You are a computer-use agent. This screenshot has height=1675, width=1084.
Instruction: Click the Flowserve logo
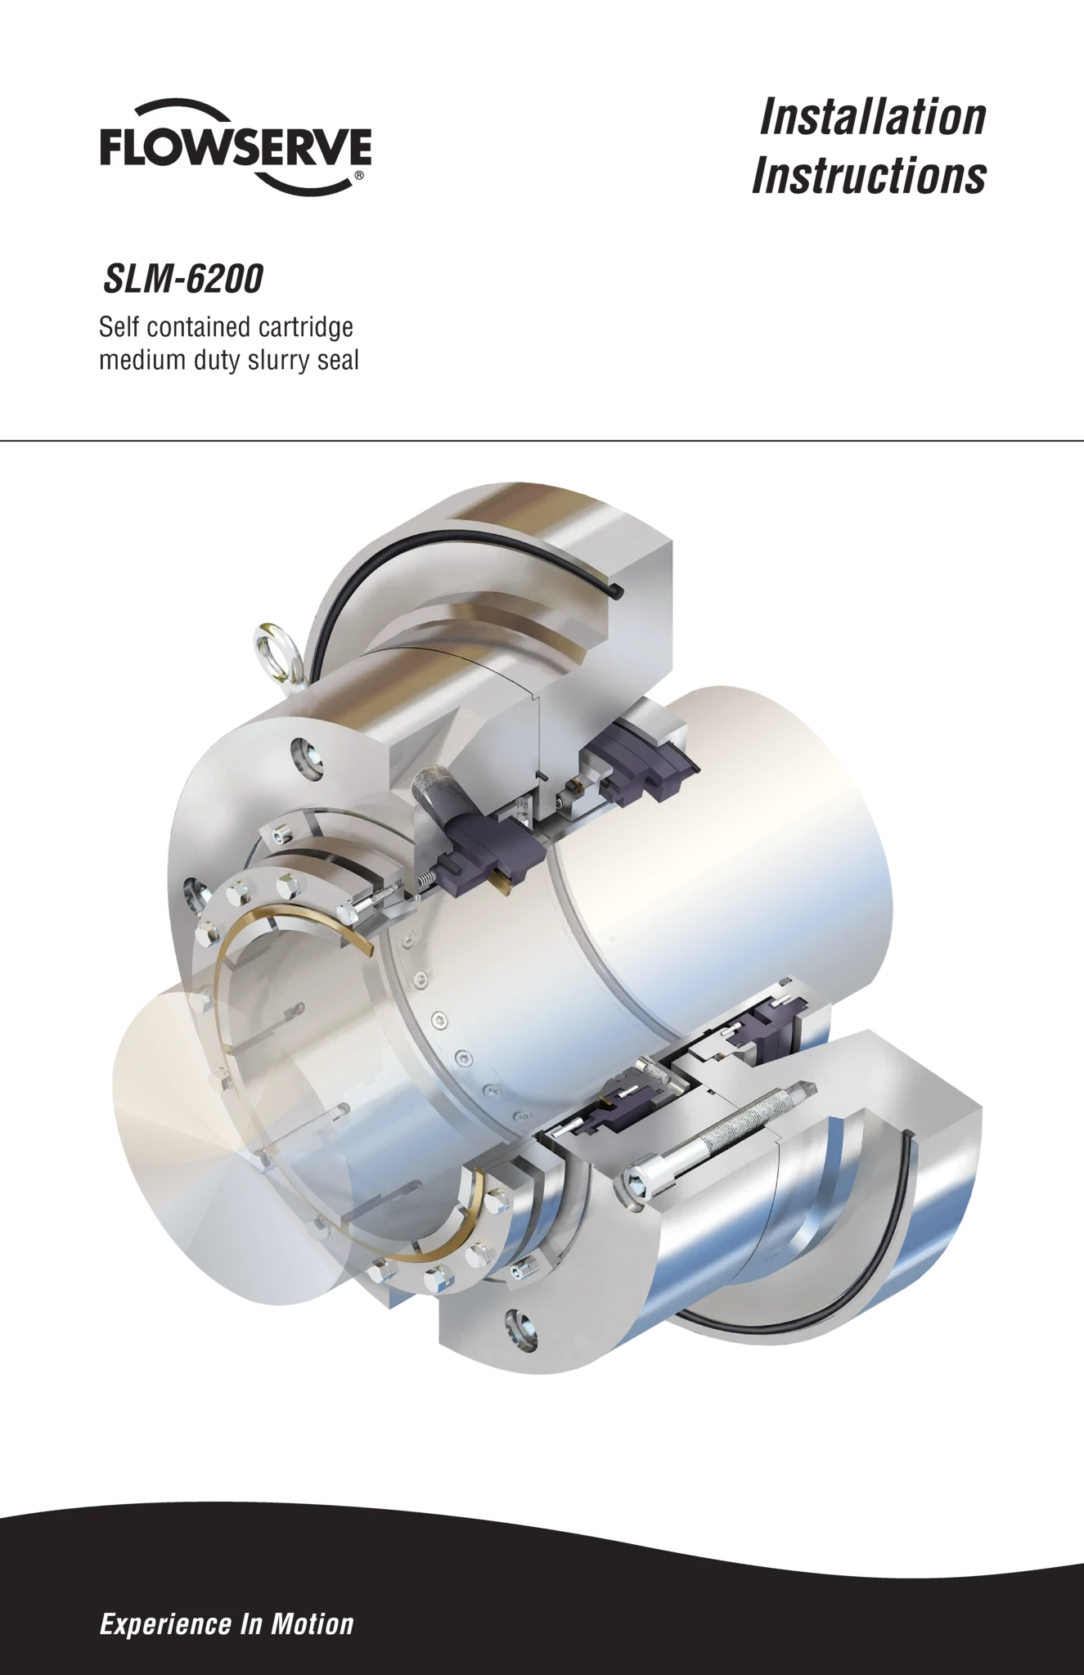coord(236,147)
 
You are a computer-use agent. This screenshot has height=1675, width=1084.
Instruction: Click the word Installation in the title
coord(873,117)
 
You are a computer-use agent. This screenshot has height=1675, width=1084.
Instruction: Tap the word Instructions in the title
coord(869,176)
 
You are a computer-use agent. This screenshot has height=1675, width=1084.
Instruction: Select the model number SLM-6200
coord(182,279)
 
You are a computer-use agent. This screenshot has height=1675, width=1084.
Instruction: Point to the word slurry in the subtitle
coord(274,360)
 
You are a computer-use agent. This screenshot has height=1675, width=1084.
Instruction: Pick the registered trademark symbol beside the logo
coord(359,175)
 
